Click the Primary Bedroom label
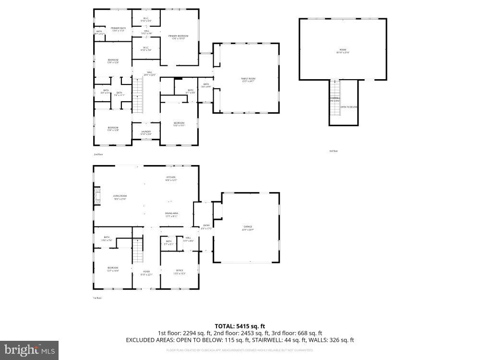click(178, 37)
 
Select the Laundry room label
click(146, 132)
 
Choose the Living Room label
click(120, 197)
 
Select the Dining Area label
click(171, 215)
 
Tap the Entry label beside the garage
click(206, 227)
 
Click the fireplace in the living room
click(98, 197)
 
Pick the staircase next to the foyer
click(138, 251)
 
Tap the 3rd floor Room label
click(343, 50)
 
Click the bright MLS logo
click(29, 350)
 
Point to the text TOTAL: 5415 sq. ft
click(240, 325)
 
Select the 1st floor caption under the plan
click(97, 298)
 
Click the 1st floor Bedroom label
click(112, 269)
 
